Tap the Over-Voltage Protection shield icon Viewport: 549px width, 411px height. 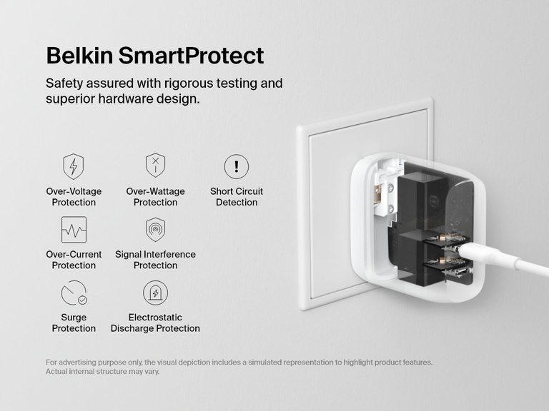coord(74,166)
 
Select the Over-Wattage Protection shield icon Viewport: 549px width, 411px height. coord(155,166)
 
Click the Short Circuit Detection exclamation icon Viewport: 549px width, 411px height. coord(236,166)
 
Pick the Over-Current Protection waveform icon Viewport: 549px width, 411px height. coord(74,230)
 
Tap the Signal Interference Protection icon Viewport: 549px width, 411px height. coord(155,230)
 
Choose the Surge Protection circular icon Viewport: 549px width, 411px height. coord(74,293)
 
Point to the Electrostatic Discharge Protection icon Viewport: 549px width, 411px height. coord(155,293)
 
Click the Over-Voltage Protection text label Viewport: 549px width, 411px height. coord(74,197)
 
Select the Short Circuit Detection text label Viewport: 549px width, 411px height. coord(237,197)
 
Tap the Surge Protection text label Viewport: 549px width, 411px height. coord(74,323)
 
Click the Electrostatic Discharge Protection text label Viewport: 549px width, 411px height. coord(155,323)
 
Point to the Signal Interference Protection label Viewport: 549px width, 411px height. coord(155,260)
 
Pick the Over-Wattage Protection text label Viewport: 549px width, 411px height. coord(155,197)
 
